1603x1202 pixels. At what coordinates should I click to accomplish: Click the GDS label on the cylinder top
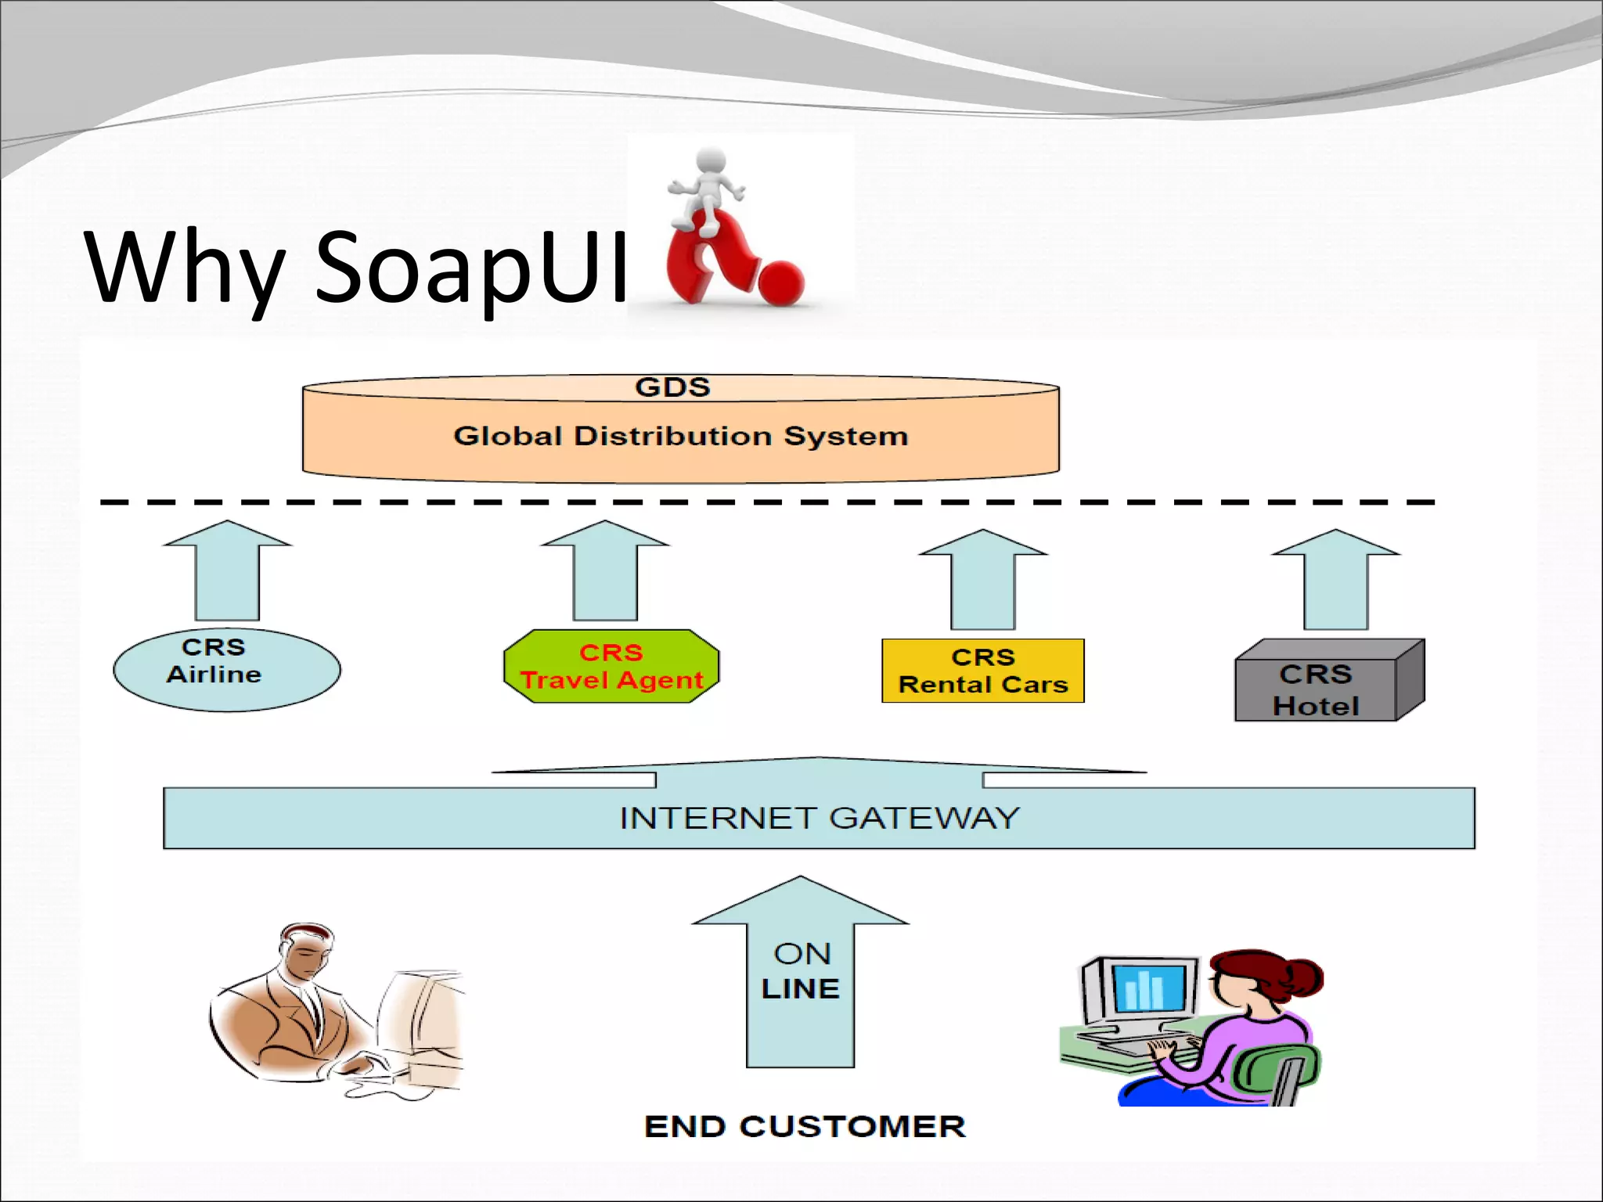coord(672,387)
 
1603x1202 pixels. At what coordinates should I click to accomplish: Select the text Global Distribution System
coord(680,436)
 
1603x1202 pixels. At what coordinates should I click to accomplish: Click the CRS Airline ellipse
coord(226,670)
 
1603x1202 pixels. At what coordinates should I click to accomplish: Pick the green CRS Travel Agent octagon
coord(611,666)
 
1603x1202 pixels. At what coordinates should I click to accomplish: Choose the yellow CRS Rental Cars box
coord(982,671)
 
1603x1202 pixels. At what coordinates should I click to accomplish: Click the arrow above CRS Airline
coord(227,571)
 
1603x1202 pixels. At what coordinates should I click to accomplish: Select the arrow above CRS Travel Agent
coord(605,571)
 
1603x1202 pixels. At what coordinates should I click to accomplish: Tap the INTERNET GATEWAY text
coord(819,819)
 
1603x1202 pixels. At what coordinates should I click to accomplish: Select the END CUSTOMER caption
coord(805,1127)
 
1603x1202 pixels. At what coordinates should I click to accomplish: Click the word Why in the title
coord(184,266)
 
